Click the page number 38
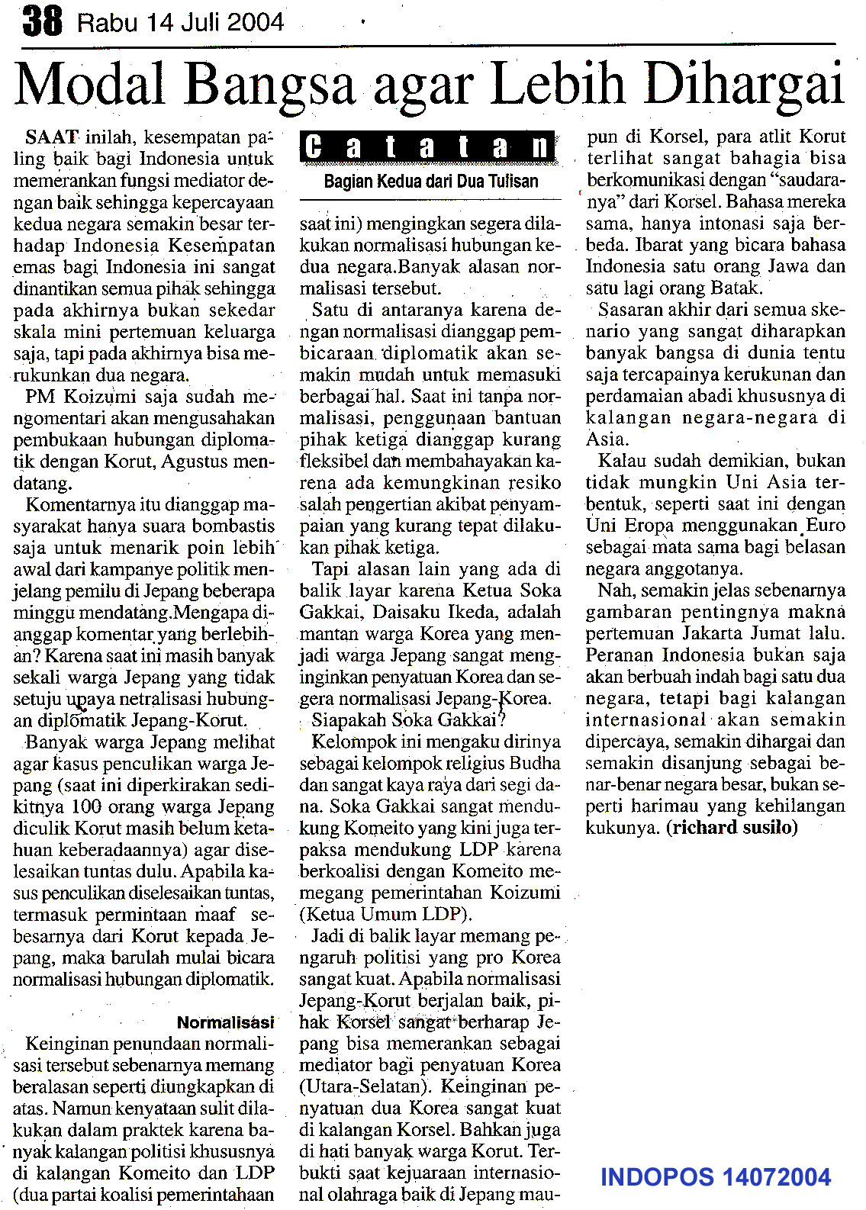(x=42, y=21)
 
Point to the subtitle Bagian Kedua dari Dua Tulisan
(x=431, y=182)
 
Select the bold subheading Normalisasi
(x=225, y=1022)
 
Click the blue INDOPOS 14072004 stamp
(x=715, y=1177)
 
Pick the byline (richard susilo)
(x=732, y=828)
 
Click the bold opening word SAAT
(x=52, y=138)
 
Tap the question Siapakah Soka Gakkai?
(x=409, y=720)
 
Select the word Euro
(x=826, y=526)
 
